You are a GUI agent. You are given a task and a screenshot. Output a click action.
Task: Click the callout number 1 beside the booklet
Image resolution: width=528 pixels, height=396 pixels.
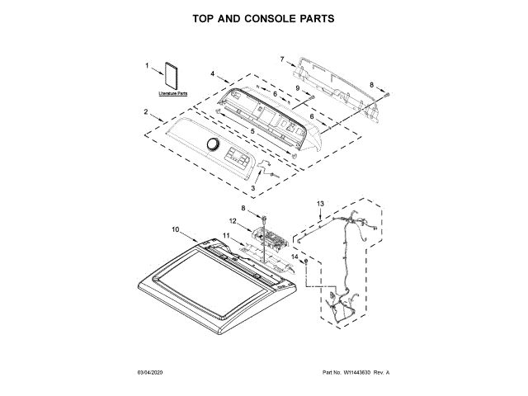[x=148, y=65]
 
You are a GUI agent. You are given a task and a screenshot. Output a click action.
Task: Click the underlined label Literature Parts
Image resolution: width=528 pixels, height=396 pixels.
[x=173, y=94]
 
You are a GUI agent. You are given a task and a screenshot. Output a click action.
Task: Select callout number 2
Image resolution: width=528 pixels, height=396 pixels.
[x=146, y=111]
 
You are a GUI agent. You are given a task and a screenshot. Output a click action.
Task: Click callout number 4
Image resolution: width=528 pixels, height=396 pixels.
[x=212, y=74]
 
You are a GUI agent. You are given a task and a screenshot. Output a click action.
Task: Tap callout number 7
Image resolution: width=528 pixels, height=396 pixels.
[x=281, y=59]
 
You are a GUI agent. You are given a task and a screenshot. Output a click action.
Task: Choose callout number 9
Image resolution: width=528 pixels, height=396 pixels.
[x=298, y=87]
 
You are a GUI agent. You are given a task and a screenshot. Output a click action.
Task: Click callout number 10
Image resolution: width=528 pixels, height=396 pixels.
[x=175, y=229]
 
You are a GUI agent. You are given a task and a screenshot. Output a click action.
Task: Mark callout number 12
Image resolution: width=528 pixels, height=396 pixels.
[x=233, y=220]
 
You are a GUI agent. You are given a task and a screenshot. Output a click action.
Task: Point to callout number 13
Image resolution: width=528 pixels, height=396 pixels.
[x=321, y=203]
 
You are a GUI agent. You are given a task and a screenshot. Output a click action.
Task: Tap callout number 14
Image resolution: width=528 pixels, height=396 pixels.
[x=295, y=257]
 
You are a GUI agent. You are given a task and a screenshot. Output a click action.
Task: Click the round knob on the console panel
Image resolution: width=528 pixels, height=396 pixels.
[x=213, y=147]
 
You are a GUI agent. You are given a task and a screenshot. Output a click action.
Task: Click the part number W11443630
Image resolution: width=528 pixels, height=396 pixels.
[x=351, y=374]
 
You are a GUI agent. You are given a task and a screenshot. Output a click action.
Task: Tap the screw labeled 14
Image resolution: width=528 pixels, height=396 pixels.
[x=307, y=262]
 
